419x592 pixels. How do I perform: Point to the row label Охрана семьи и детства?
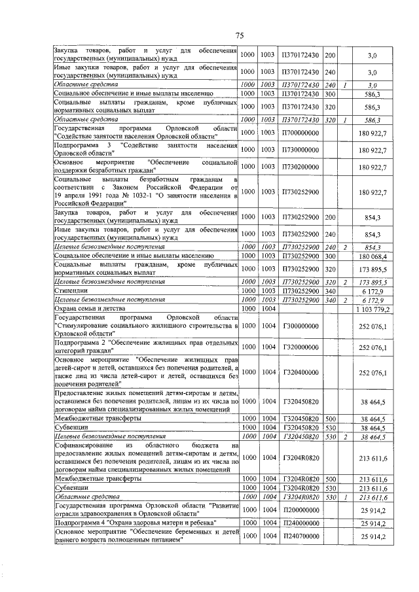pyautogui.click(x=87, y=308)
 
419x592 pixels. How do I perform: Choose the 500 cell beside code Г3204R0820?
pyautogui.click(x=330, y=479)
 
